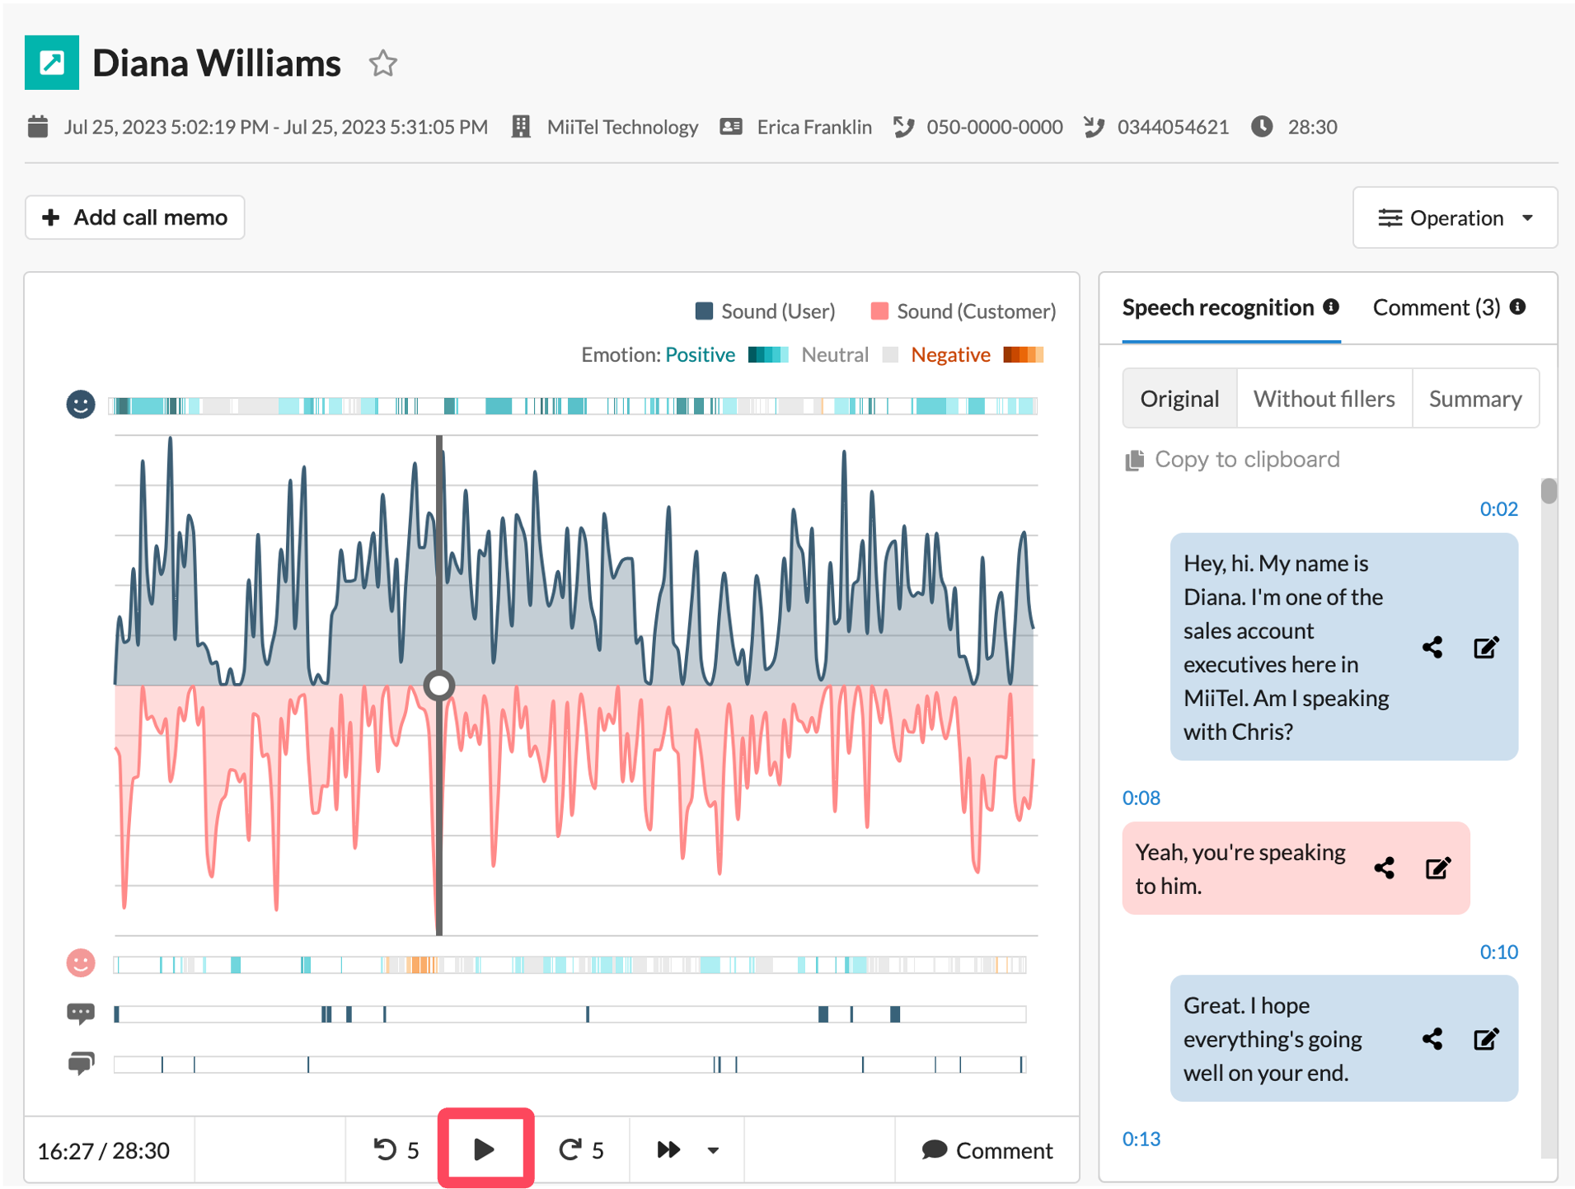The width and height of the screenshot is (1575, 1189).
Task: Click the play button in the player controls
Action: (x=485, y=1149)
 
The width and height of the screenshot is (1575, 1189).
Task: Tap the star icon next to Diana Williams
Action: (x=382, y=63)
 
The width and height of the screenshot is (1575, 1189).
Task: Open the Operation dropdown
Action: (x=1455, y=218)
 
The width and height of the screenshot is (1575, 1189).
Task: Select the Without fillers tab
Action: (x=1324, y=399)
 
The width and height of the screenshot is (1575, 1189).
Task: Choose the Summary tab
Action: (x=1475, y=399)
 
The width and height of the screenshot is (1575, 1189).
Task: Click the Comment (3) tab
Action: (x=1437, y=307)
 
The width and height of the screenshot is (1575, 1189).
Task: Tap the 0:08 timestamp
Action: (x=1141, y=798)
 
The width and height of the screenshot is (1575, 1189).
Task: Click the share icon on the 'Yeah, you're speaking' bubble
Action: (x=1385, y=868)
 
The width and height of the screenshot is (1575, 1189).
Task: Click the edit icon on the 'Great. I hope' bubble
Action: (x=1486, y=1039)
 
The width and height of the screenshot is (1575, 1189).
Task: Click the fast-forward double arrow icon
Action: (x=668, y=1149)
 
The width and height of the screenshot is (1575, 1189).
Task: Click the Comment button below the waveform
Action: (x=987, y=1149)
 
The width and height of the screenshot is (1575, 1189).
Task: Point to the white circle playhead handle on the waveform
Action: (x=439, y=685)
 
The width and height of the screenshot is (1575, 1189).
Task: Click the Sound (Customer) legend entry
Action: (x=963, y=311)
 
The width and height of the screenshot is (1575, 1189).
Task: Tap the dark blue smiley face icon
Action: (x=81, y=405)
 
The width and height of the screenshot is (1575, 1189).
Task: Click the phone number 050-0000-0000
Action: (x=994, y=127)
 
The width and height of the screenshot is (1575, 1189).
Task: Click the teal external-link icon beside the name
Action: (x=52, y=63)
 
